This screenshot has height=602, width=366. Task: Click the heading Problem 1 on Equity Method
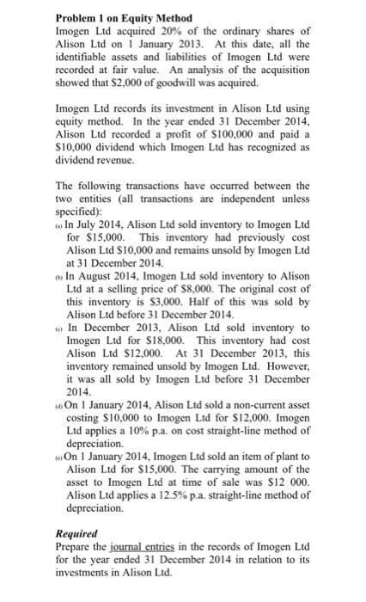tap(123, 18)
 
